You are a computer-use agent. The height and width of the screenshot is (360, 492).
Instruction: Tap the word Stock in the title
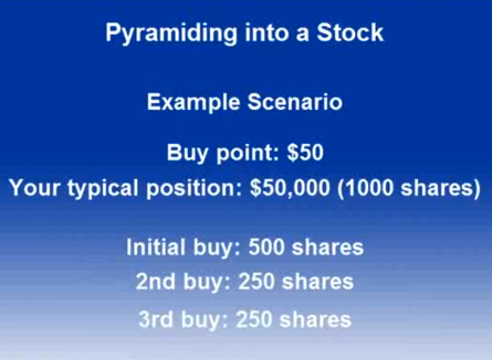click(x=350, y=33)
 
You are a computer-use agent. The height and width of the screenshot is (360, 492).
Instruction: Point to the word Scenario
click(x=295, y=102)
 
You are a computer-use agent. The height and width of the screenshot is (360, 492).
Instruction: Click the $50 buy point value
click(x=306, y=153)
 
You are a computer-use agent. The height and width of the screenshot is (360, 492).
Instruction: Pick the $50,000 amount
click(x=290, y=188)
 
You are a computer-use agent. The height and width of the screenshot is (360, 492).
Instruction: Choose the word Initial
click(x=156, y=247)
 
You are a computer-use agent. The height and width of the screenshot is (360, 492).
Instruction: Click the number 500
click(x=266, y=247)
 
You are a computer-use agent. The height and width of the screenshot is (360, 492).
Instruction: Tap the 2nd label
click(x=156, y=281)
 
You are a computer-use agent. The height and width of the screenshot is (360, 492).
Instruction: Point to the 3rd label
click(x=156, y=319)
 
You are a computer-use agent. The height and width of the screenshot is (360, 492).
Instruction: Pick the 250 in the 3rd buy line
click(x=254, y=319)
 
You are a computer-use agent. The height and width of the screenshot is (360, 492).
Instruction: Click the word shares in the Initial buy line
click(x=328, y=247)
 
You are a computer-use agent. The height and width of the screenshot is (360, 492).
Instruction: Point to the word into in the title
click(x=266, y=33)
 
